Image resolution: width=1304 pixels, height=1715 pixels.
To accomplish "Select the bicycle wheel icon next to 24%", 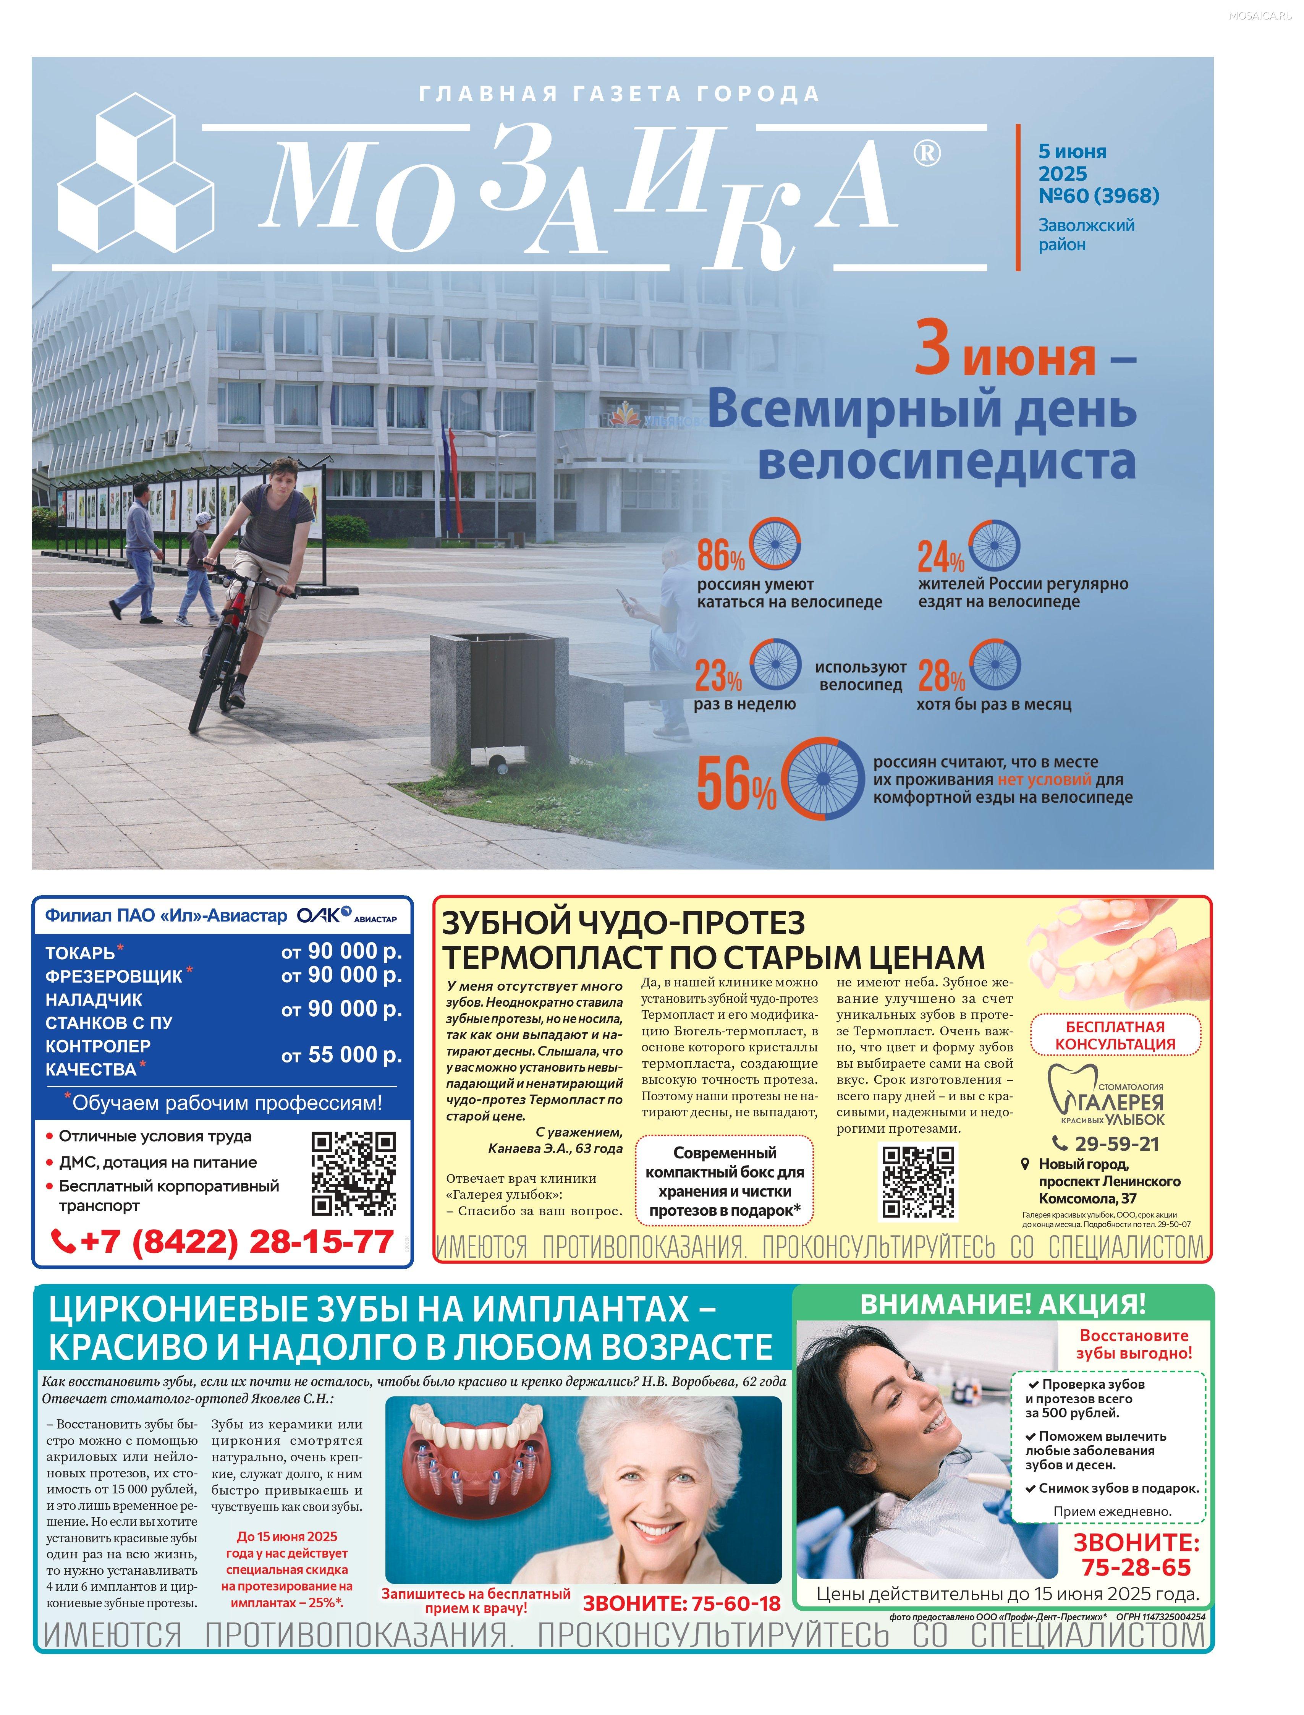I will pos(994,544).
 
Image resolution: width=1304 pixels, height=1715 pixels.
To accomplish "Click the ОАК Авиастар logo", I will pos(346,916).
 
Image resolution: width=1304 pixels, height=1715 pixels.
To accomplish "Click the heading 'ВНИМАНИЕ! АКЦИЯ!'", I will pos(1003,1304).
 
